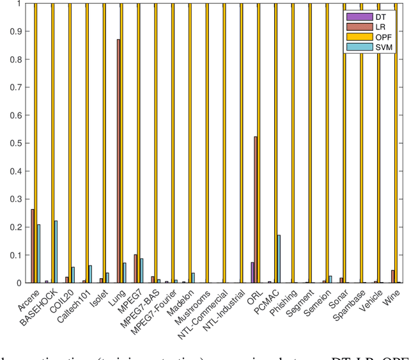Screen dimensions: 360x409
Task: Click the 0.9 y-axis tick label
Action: click(x=16, y=31)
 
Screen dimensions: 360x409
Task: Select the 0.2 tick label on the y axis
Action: click(x=16, y=227)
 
